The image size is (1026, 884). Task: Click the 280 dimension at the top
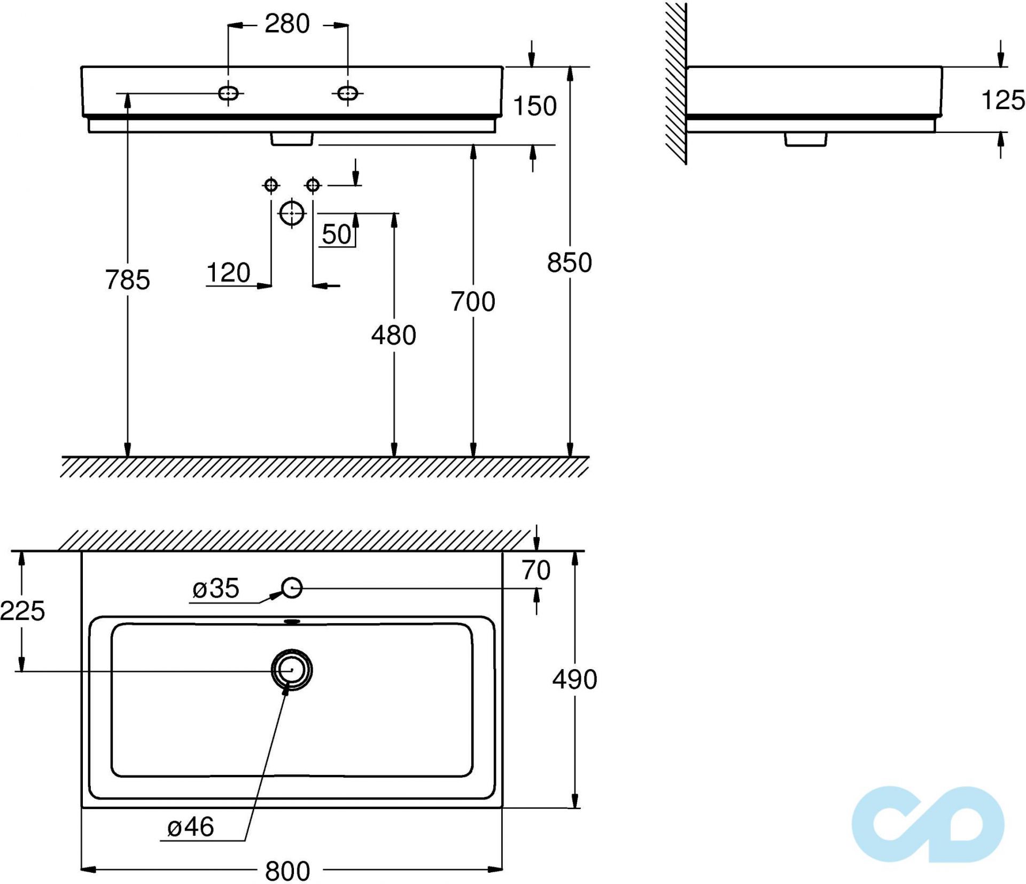287,24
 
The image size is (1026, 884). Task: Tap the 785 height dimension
127,280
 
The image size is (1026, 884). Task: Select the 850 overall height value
569,262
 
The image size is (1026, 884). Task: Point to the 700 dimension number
473,301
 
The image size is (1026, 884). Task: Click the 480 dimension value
393,335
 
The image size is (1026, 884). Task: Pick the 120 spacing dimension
228,273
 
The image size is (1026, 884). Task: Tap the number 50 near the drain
337,234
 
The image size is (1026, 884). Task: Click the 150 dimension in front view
534,106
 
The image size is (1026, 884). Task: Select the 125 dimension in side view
1003,100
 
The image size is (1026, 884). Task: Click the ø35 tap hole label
216,588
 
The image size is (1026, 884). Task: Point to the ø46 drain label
191,827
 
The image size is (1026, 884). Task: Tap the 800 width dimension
287,871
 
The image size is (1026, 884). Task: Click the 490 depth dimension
574,679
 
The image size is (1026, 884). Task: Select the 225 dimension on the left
22,610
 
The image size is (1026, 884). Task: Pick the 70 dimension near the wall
536,570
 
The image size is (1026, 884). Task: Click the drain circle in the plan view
292,670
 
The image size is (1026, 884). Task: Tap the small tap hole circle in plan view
292,588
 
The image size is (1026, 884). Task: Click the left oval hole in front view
228,93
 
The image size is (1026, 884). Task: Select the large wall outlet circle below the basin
292,213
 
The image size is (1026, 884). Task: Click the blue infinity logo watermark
928,824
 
